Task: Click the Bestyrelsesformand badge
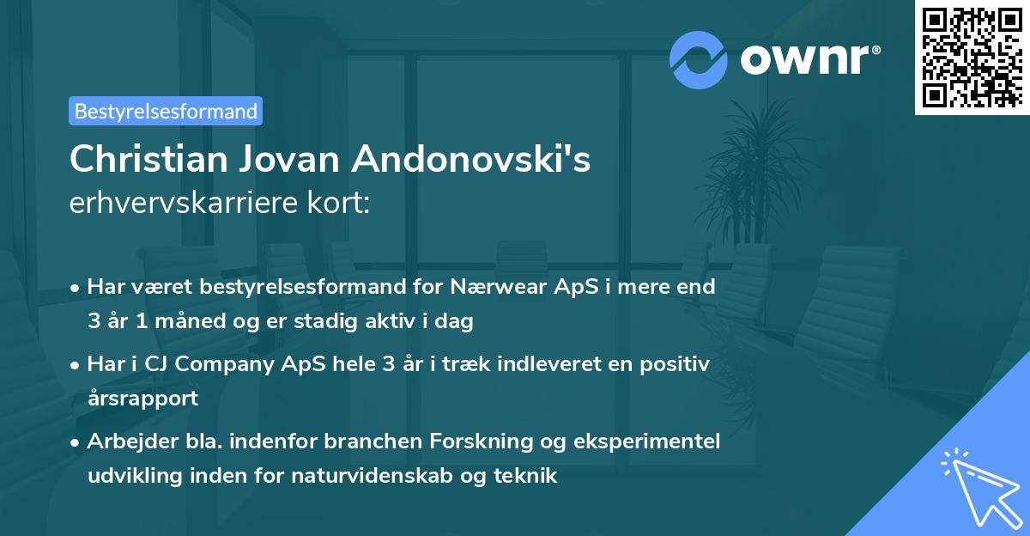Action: [x=166, y=111]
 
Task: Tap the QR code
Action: [x=971, y=58]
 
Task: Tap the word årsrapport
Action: [x=142, y=399]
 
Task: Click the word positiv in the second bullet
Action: [x=675, y=364]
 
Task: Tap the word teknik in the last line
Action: [x=527, y=476]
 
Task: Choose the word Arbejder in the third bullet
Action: [x=125, y=442]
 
